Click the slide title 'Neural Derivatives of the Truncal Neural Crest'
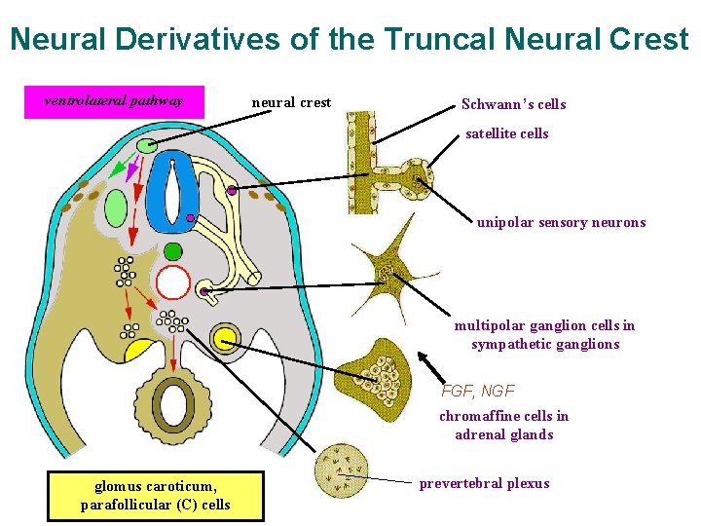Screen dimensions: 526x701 click(x=350, y=39)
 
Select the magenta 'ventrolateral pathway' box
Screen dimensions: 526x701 click(x=115, y=101)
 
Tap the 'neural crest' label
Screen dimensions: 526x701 click(x=291, y=102)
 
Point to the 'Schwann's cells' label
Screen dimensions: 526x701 click(x=513, y=104)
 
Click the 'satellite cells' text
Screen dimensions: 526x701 click(x=506, y=133)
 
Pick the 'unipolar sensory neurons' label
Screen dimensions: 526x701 click(x=561, y=222)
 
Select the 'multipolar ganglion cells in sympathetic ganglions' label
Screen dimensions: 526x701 click(x=544, y=334)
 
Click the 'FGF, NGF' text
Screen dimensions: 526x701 click(x=478, y=391)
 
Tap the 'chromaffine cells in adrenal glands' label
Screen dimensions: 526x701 click(x=503, y=425)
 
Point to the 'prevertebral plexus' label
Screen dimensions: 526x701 click(x=484, y=483)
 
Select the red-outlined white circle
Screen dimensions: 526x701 click(x=172, y=282)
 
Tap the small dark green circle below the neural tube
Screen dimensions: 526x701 click(x=172, y=251)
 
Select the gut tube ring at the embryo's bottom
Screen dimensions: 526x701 click(x=176, y=405)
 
